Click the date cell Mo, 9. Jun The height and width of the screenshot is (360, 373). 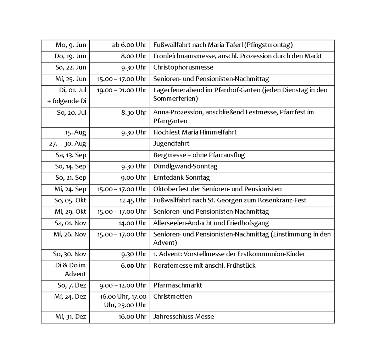pos(71,45)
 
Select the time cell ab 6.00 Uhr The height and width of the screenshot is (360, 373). pos(129,45)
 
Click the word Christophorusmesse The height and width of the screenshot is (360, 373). pos(183,67)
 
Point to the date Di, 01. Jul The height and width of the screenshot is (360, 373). pos(73,90)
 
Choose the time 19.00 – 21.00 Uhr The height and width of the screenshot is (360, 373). pos(122,90)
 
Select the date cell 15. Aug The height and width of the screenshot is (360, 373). pos(76,132)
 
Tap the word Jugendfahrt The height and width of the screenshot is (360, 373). pos(171,144)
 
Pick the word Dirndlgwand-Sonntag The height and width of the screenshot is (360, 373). pos(185,167)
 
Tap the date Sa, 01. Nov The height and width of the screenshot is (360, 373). pos(71,223)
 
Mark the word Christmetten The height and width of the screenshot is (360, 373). pos(172,296)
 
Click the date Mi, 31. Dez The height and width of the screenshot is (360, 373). pos(71,317)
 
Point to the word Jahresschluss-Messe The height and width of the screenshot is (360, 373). pos(183,317)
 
